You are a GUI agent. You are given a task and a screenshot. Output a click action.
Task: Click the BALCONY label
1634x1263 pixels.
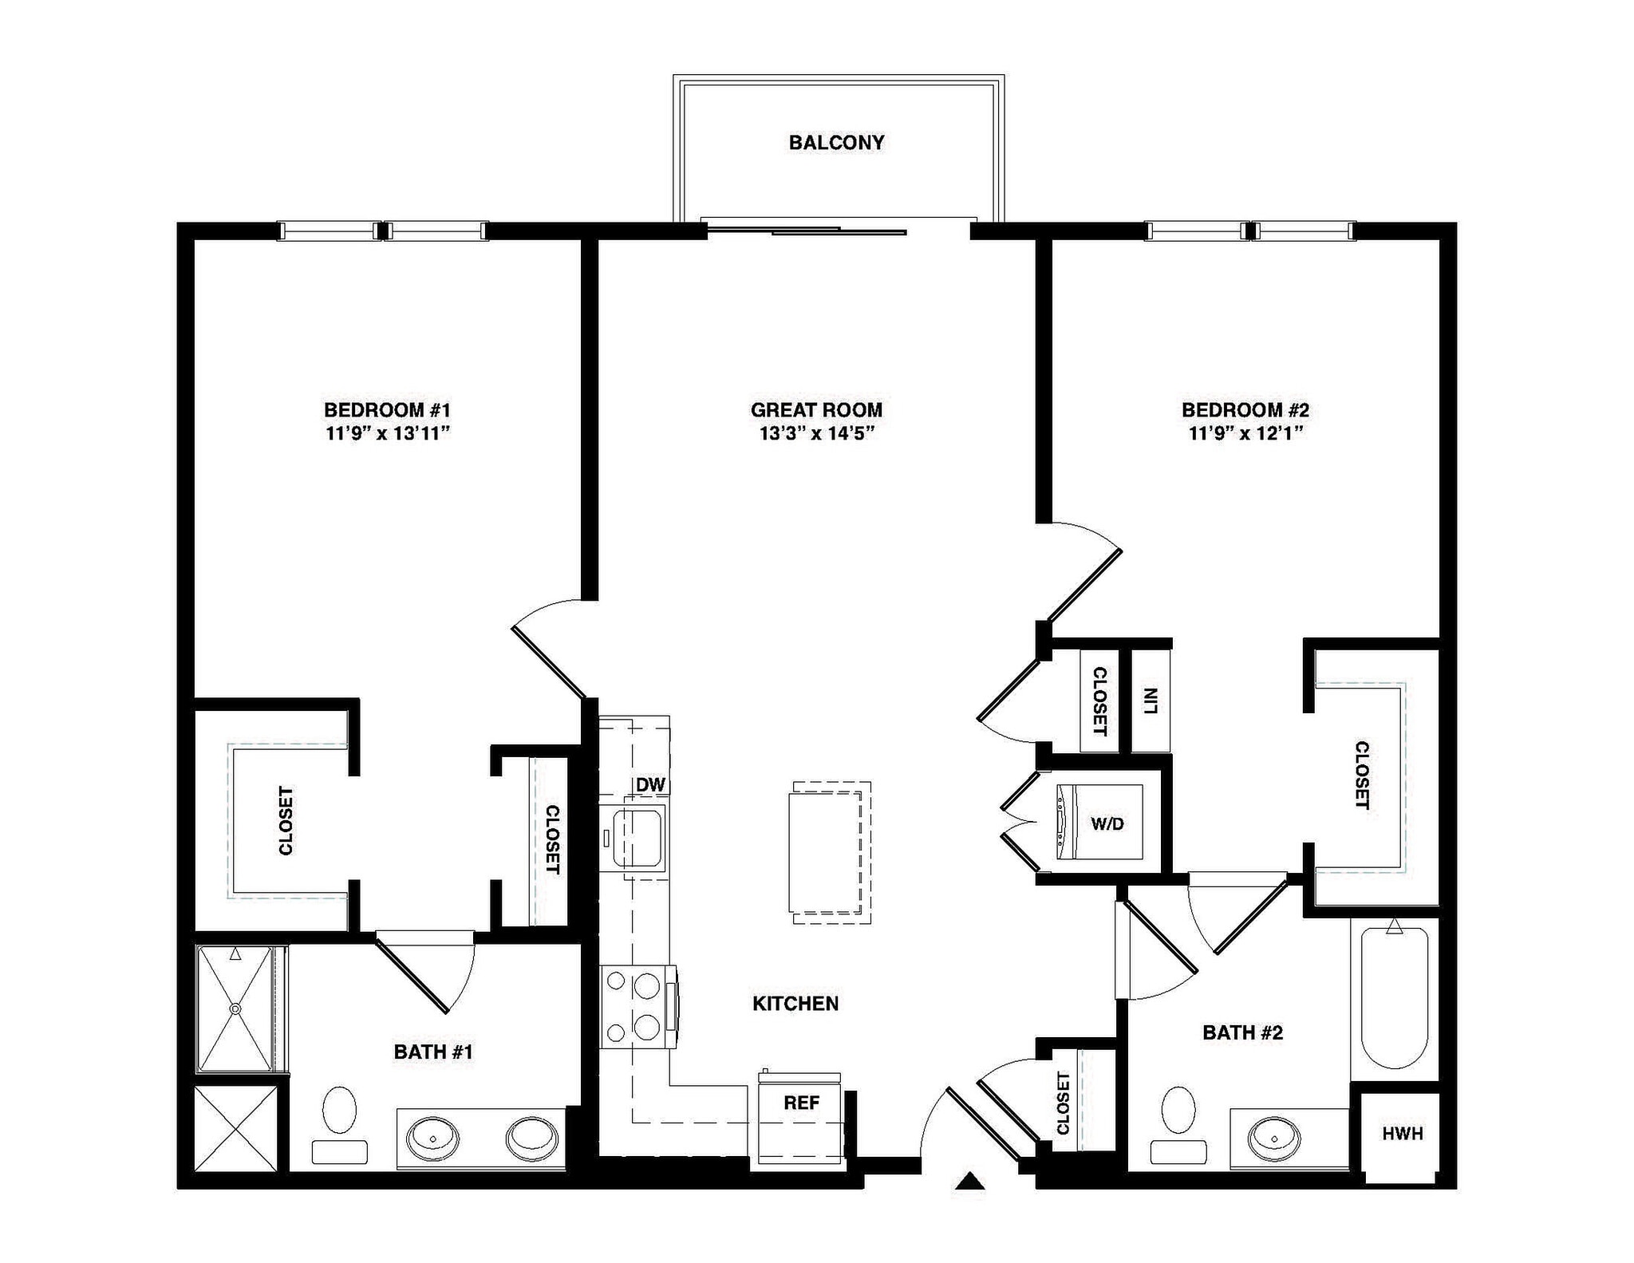(x=836, y=143)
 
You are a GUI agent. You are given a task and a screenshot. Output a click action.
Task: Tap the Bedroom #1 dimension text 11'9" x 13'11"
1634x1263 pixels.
(x=388, y=434)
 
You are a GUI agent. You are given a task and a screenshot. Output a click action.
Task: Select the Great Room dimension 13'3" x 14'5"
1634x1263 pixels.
(x=816, y=434)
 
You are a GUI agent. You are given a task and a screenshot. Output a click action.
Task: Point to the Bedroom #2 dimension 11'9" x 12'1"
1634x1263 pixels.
(x=1245, y=434)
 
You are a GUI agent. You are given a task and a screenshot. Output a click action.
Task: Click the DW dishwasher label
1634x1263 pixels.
(x=650, y=784)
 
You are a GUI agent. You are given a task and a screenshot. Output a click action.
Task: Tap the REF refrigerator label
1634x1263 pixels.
(x=801, y=1103)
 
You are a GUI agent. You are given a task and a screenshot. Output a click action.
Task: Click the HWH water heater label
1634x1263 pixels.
(x=1402, y=1134)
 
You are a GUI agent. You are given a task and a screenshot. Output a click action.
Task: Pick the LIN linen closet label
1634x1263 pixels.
(x=1151, y=701)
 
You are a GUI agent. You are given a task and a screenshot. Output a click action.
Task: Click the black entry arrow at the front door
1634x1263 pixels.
(x=970, y=1180)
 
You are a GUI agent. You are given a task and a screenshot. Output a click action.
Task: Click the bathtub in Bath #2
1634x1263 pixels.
(x=1394, y=997)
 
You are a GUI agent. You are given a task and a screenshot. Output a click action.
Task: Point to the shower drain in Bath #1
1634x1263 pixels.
(x=235, y=1009)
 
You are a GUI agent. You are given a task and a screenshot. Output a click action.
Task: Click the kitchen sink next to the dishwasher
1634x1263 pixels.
(x=637, y=837)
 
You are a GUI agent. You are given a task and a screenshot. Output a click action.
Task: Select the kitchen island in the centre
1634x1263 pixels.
(x=827, y=852)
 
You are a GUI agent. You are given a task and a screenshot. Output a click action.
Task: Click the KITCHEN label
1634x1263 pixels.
(x=795, y=1004)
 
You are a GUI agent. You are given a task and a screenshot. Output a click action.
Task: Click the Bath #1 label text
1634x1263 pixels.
(x=433, y=1052)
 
